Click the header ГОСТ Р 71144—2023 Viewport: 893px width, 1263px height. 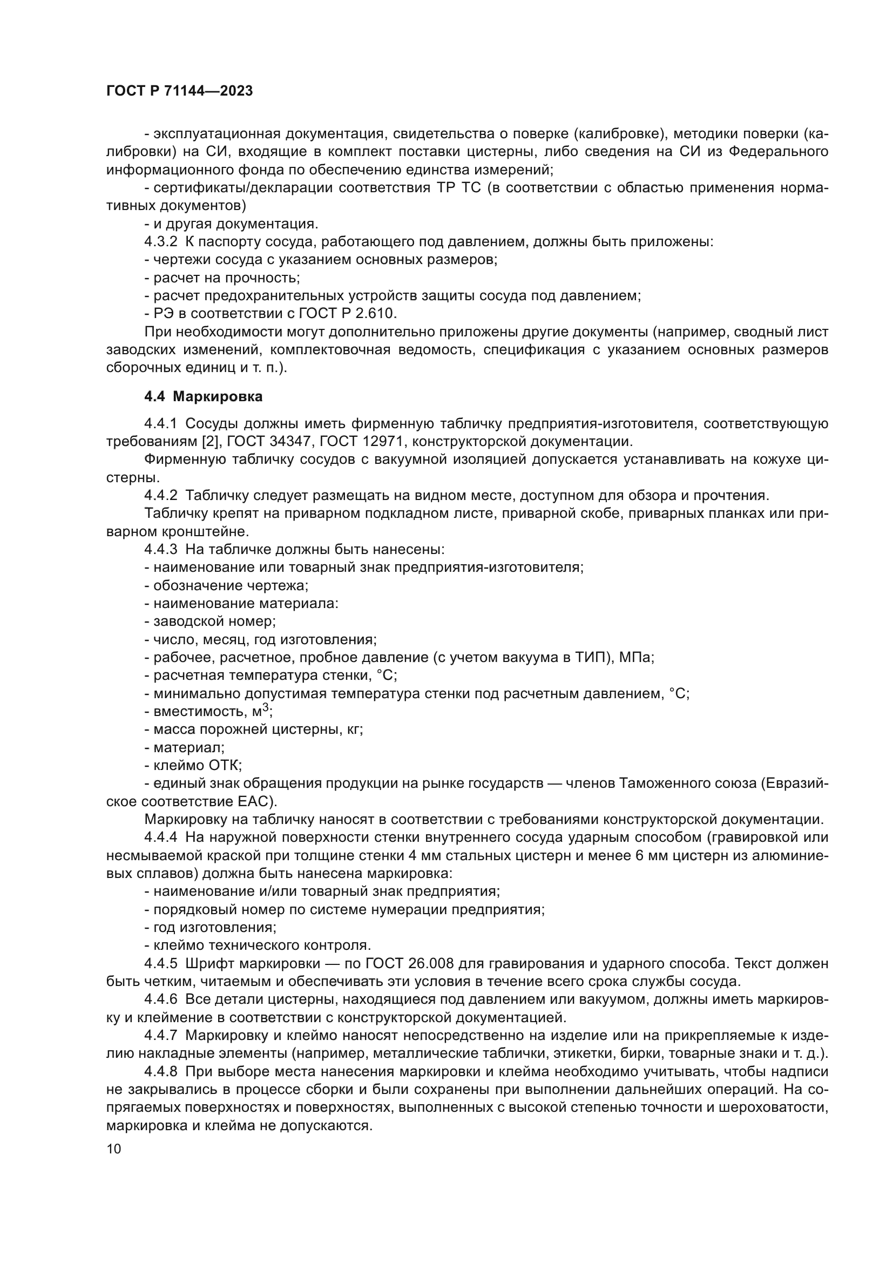[x=179, y=91]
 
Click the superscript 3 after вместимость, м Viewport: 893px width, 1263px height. [x=266, y=707]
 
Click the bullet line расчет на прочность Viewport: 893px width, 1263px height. [x=222, y=278]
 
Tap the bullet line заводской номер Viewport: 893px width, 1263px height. [x=210, y=621]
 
